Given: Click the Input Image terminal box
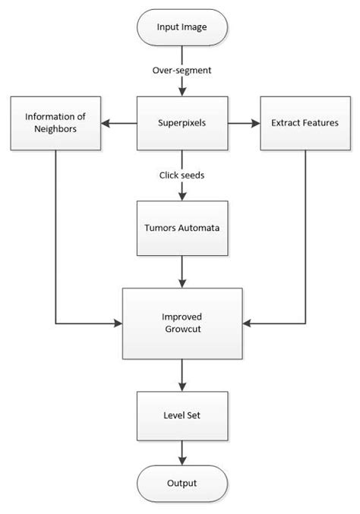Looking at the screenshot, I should point(182,28).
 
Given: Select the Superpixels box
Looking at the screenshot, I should point(182,122).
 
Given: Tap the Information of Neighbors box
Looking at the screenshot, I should point(56,122).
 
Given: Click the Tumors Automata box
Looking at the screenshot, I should point(182,227).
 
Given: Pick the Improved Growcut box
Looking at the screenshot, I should point(182,323).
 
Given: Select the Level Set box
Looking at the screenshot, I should point(182,415).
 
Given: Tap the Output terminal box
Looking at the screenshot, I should point(182,483).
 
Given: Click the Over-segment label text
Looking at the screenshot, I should point(182,71).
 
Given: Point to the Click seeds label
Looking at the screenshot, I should point(181,175).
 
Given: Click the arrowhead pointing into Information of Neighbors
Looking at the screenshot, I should point(106,122).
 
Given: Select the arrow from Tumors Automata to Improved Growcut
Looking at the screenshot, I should point(182,270).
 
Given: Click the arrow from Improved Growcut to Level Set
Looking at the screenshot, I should point(182,374).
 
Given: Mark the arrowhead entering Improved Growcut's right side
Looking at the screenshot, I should point(245,323).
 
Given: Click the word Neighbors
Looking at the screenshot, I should point(56,129).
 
